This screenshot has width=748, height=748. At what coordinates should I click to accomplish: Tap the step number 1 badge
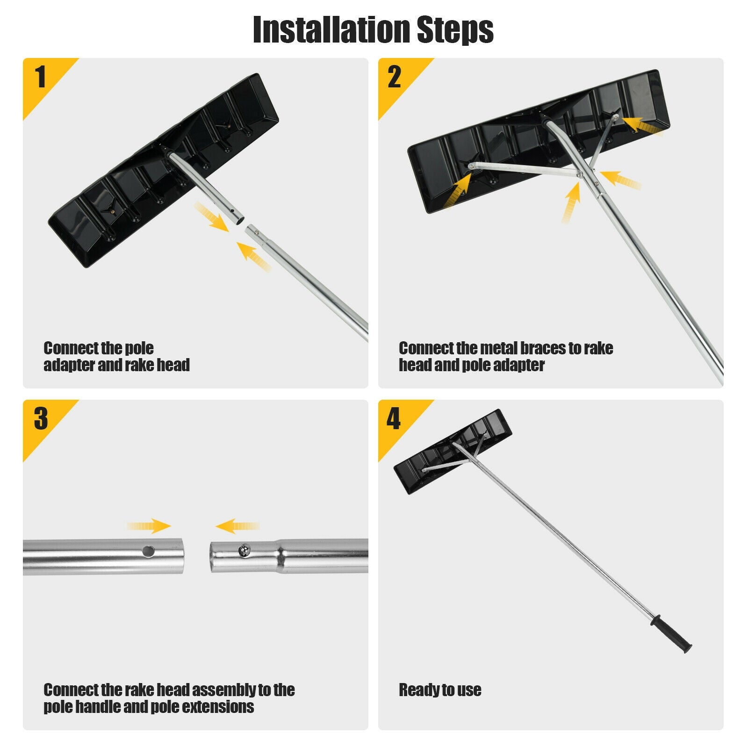click(41, 77)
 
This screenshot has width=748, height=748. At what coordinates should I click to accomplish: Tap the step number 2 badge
click(394, 77)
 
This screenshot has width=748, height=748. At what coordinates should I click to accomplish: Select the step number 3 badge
click(41, 418)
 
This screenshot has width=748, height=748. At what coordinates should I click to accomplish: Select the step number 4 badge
click(394, 418)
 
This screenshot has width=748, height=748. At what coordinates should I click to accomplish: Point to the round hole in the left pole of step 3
click(149, 551)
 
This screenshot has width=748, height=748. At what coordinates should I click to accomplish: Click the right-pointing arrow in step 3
click(150, 526)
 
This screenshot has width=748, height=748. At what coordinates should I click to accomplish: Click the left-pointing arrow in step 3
click(237, 526)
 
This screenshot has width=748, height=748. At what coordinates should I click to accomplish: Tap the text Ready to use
click(439, 690)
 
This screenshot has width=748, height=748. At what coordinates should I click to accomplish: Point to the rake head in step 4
click(452, 452)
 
